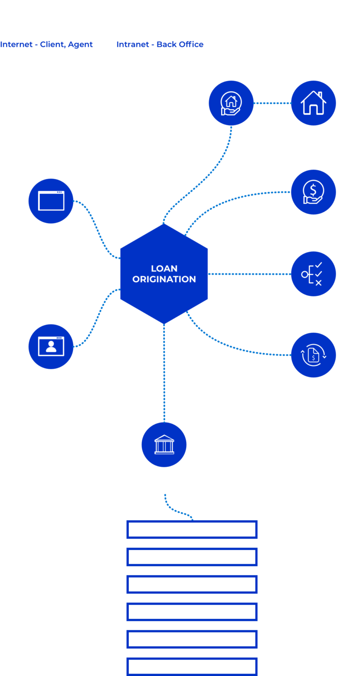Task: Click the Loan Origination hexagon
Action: coord(164,274)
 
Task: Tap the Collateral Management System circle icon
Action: coord(231,103)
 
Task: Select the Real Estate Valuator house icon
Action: coord(313,103)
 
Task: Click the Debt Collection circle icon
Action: coord(313,192)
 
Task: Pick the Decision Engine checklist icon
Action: coord(313,274)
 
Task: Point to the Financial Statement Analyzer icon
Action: coord(313,355)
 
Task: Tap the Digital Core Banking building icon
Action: coord(164,444)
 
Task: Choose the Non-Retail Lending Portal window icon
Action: coord(51,201)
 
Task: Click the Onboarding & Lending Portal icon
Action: coord(51,346)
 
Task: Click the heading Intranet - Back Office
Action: coord(160,45)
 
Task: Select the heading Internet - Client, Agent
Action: coord(46,45)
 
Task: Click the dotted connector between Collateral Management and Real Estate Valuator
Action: coord(272,103)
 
